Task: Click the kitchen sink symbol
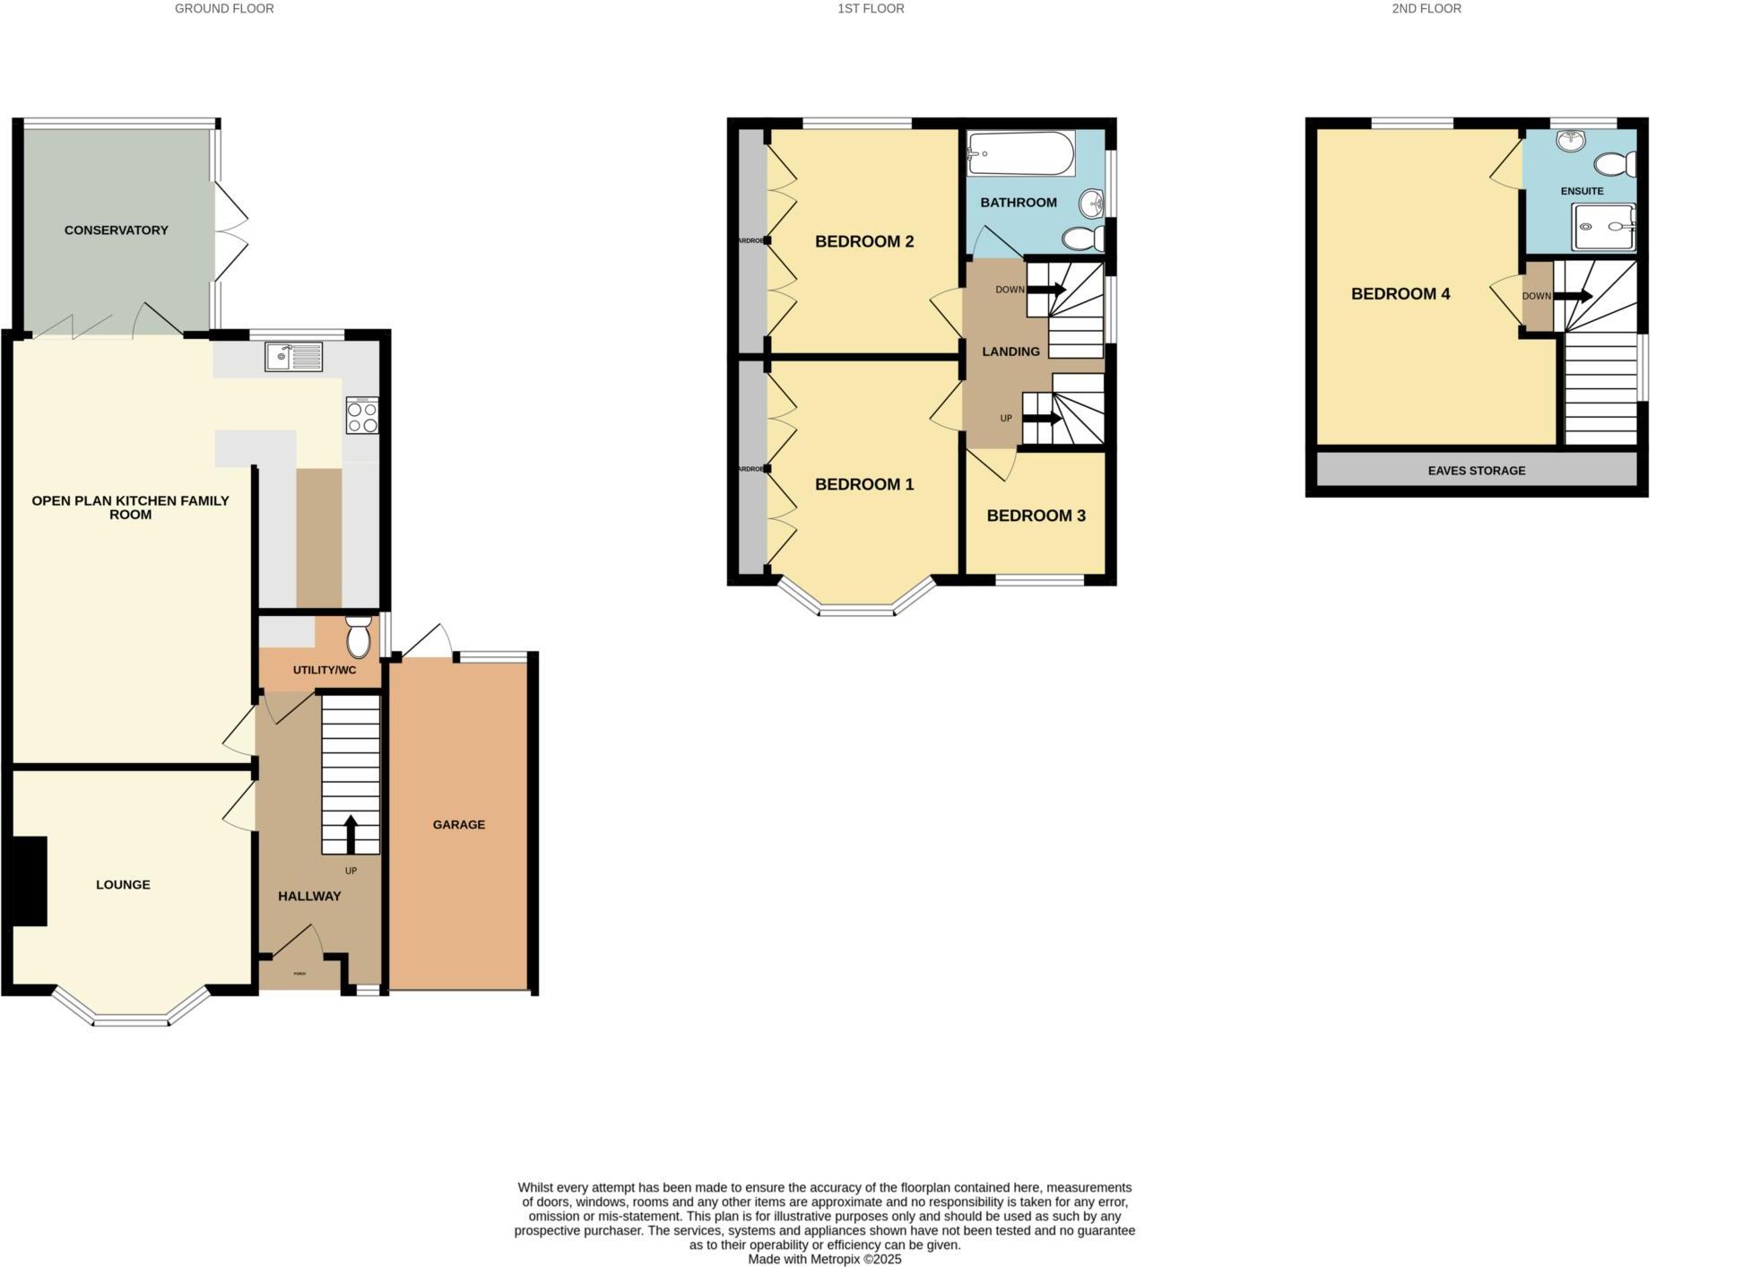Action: [x=293, y=357]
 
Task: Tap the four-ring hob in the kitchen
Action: [x=361, y=415]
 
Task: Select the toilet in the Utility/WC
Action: [x=359, y=638]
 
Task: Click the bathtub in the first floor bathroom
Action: [x=1021, y=154]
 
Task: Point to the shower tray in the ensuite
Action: [x=1603, y=227]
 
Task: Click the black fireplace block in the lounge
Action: [x=29, y=881]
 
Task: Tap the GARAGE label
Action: [x=458, y=824]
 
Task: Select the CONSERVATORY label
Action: [x=117, y=230]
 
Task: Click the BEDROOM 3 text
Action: [x=1036, y=516]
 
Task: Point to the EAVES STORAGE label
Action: [x=1476, y=470]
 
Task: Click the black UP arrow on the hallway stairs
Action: [x=350, y=834]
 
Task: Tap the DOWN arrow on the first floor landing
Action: [x=1045, y=290]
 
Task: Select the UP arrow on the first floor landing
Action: [x=1042, y=419]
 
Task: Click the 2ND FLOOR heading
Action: [x=1426, y=9]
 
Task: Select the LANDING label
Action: [x=1010, y=351]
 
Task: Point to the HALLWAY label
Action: [x=309, y=896]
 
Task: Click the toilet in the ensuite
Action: [x=1616, y=165]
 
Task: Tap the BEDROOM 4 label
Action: [x=1400, y=294]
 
